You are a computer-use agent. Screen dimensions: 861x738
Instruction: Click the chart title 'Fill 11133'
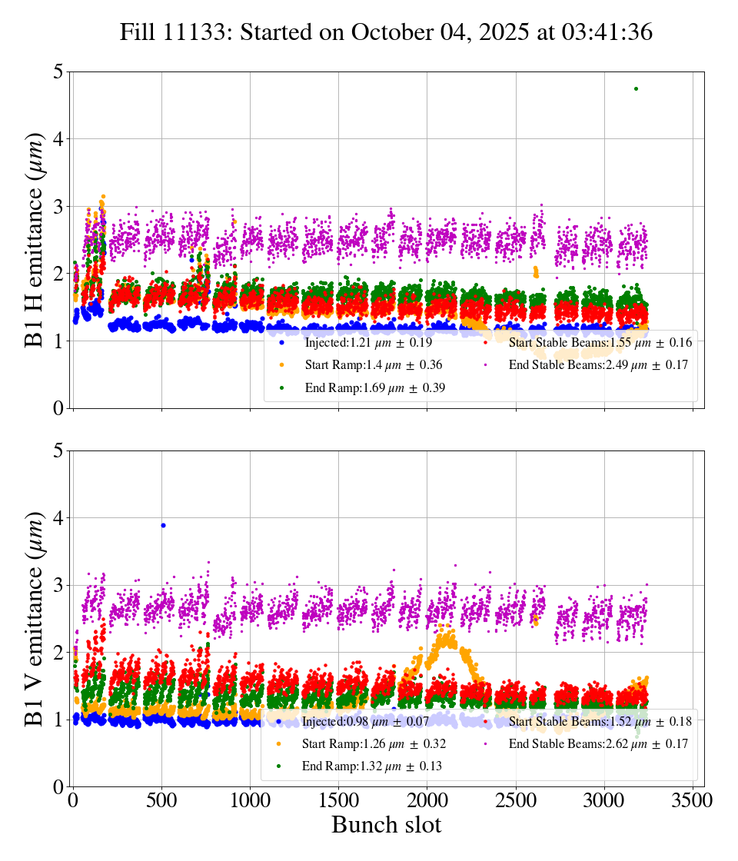click(386, 32)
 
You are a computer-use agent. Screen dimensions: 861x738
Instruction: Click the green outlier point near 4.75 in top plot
click(636, 88)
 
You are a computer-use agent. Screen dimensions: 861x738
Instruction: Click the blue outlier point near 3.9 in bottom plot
click(162, 525)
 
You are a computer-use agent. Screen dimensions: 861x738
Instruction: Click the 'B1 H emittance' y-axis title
click(35, 239)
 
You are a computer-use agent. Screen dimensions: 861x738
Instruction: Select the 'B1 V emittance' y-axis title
click(35, 618)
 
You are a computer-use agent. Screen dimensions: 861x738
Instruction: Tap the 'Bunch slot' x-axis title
click(386, 826)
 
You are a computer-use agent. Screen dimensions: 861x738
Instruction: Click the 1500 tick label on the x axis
click(338, 799)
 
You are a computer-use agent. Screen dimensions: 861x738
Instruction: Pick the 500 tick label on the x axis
click(161, 799)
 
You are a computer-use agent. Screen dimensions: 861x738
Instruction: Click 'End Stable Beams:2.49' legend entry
click(592, 365)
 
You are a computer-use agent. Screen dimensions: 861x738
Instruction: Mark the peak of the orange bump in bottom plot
click(445, 630)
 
